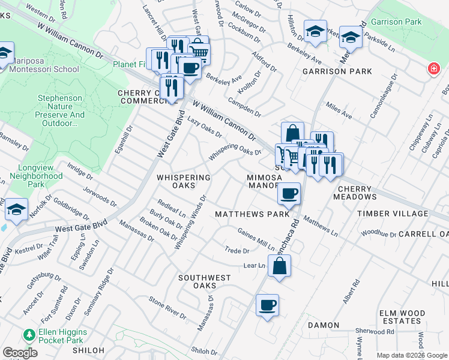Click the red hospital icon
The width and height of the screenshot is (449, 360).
click(x=432, y=70)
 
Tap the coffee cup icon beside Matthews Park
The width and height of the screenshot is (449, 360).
click(x=289, y=194)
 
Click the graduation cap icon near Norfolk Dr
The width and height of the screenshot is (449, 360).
click(x=16, y=210)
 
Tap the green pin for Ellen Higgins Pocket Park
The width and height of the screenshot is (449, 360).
click(x=27, y=334)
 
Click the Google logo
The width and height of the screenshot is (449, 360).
click(x=19, y=353)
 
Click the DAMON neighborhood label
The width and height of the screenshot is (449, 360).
click(x=324, y=325)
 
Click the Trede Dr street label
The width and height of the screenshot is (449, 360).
click(x=237, y=251)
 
